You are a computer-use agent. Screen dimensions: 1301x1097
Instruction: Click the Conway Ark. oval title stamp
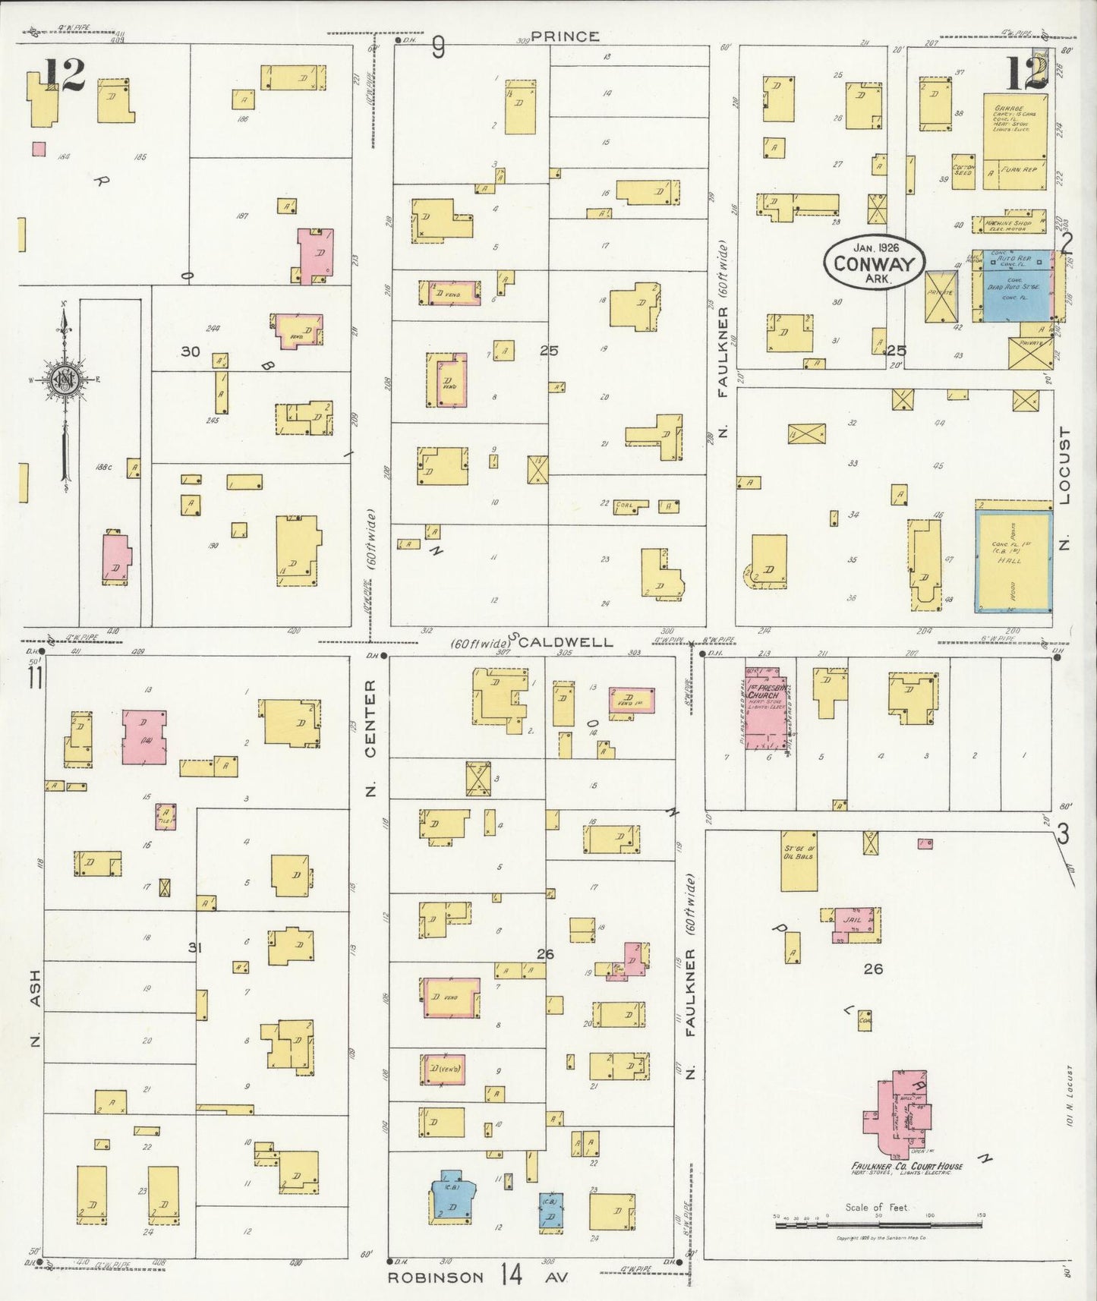tap(874, 263)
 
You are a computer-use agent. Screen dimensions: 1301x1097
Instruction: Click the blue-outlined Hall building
tap(1013, 561)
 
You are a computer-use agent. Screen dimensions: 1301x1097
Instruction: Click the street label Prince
tap(565, 36)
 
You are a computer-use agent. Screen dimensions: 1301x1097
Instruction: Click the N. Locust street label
tap(1064, 489)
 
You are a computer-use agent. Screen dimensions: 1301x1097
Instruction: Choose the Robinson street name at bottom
tap(435, 1277)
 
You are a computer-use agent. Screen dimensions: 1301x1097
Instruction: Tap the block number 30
tap(190, 351)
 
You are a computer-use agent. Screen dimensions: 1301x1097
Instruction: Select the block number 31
tap(195, 947)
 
